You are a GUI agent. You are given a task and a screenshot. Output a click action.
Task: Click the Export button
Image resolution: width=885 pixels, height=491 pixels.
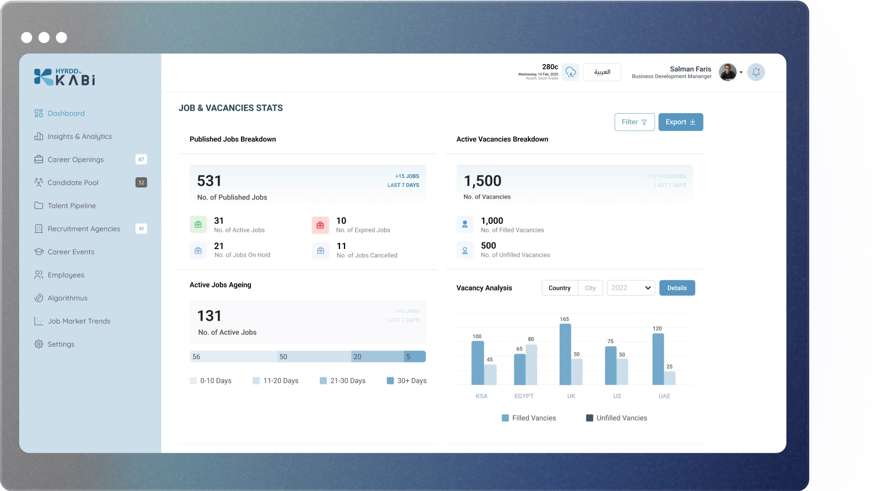(680, 122)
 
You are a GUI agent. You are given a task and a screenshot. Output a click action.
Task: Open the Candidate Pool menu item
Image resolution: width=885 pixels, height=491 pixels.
(73, 183)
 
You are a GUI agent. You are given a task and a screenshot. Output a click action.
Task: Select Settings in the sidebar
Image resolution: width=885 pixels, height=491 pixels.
(61, 345)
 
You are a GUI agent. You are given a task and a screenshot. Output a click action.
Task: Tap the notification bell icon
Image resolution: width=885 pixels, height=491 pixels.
(756, 72)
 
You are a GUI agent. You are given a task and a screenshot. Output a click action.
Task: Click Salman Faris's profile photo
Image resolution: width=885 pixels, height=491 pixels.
(727, 72)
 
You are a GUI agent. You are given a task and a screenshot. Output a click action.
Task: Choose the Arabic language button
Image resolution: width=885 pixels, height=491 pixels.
(602, 72)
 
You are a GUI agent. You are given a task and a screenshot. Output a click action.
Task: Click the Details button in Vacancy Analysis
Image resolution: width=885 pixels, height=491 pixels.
(677, 288)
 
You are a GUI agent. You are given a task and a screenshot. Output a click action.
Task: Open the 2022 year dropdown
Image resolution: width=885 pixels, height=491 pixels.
(631, 288)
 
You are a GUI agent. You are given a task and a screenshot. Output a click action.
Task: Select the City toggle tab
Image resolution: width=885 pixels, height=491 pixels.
(590, 288)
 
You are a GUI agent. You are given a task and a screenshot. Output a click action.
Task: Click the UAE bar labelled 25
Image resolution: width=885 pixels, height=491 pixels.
(670, 378)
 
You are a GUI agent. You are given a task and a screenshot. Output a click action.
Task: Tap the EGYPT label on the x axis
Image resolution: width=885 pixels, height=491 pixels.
(524, 396)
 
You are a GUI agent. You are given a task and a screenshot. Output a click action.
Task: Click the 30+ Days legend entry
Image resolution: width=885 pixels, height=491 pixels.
(407, 381)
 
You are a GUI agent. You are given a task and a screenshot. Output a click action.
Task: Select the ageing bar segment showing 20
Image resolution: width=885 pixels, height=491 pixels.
(377, 357)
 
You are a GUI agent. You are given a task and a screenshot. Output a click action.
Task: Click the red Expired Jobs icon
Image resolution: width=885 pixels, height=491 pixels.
(320, 225)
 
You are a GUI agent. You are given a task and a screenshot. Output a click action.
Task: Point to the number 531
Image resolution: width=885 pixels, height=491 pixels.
(209, 181)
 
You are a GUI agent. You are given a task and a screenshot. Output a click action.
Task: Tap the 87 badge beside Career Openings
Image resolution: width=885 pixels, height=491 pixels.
(141, 160)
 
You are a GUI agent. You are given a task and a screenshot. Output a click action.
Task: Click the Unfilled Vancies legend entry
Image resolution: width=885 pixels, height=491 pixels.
(616, 418)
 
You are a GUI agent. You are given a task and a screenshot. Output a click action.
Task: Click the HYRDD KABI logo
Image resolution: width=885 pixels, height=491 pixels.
(65, 77)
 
